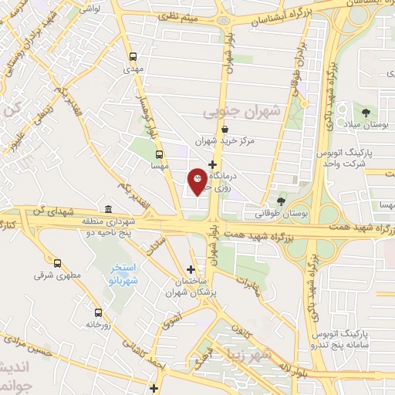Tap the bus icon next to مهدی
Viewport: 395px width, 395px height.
(133, 56)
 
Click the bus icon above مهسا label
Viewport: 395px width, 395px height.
(160, 154)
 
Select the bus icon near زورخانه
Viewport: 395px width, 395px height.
(98, 312)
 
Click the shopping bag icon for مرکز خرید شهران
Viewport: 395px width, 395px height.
(225, 130)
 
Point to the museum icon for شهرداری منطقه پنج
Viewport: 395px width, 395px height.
(107, 209)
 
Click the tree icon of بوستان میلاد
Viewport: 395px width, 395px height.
(357, 113)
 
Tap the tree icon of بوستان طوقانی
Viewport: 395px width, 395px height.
(281, 199)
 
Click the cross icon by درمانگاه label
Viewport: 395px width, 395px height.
(212, 164)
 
